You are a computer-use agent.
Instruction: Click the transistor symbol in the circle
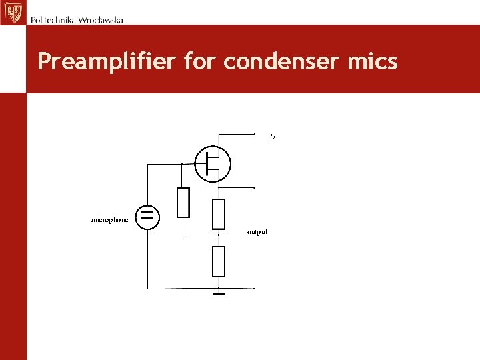click(213, 163)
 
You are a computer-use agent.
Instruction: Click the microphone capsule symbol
click(147, 216)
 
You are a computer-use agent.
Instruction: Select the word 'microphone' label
click(109, 219)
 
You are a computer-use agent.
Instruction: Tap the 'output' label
click(257, 232)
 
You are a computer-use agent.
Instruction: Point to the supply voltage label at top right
click(273, 137)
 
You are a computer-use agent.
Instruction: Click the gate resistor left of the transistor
click(183, 203)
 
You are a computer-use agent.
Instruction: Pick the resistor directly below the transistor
click(218, 213)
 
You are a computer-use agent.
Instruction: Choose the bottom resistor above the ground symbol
click(218, 261)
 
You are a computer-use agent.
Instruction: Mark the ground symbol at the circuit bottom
click(218, 293)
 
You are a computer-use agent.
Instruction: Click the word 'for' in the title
click(200, 62)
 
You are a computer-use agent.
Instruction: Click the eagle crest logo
click(12, 12)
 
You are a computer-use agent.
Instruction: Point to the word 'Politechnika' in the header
click(53, 19)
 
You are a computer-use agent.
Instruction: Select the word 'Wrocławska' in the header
click(101, 19)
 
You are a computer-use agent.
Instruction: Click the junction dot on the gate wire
click(181, 163)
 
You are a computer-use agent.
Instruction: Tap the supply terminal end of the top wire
click(255, 134)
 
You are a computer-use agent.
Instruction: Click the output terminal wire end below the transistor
click(255, 187)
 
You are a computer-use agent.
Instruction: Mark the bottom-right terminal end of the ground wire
click(255, 289)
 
